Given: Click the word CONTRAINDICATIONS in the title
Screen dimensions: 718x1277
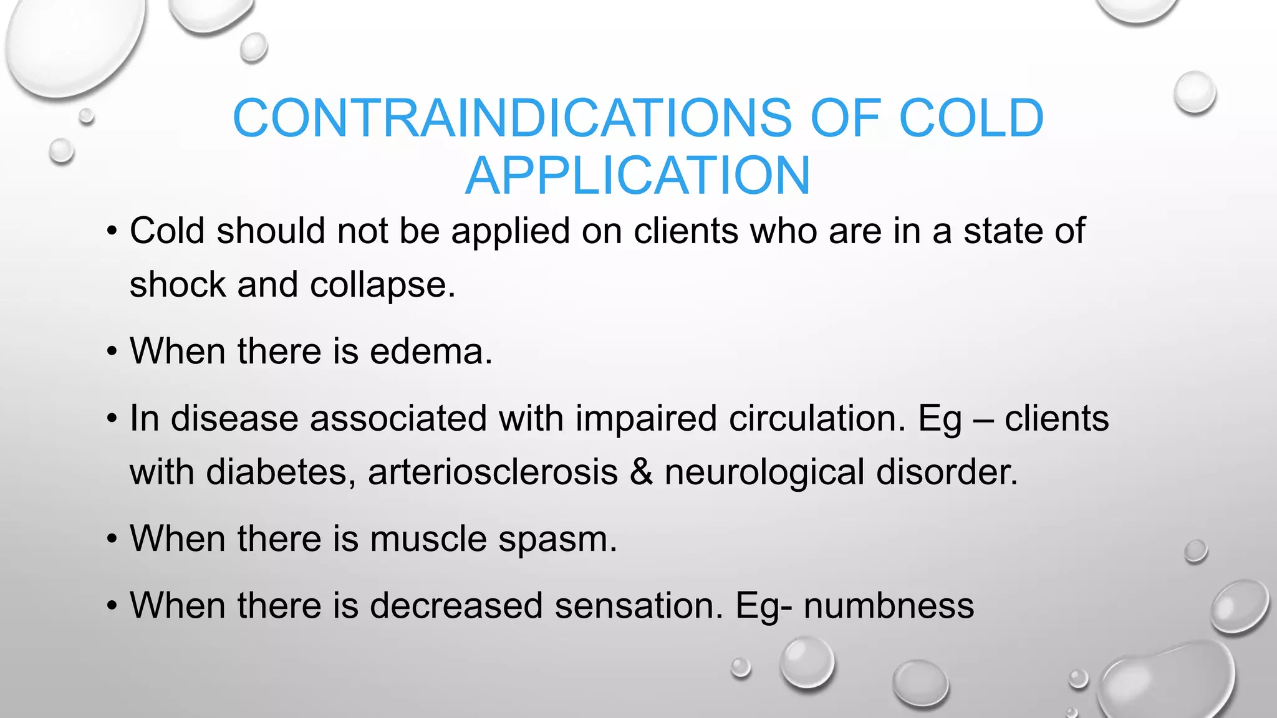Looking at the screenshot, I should [x=511, y=118].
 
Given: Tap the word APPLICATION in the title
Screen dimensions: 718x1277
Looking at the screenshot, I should [x=637, y=176].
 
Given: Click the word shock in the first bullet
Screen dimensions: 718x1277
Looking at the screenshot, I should [x=178, y=285].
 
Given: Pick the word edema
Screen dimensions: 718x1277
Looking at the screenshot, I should [x=430, y=352].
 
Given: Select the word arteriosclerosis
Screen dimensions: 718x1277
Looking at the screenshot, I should [x=493, y=472].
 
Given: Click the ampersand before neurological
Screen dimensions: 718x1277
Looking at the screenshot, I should [x=641, y=472].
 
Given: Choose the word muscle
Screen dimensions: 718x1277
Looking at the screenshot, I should [x=428, y=538].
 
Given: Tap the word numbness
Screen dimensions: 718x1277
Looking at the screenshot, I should [x=889, y=605].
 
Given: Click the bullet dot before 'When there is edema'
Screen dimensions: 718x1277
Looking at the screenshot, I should [x=112, y=353].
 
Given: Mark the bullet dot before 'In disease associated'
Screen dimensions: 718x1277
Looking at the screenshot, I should [x=112, y=419].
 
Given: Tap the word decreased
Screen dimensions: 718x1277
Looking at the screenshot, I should [x=456, y=605].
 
